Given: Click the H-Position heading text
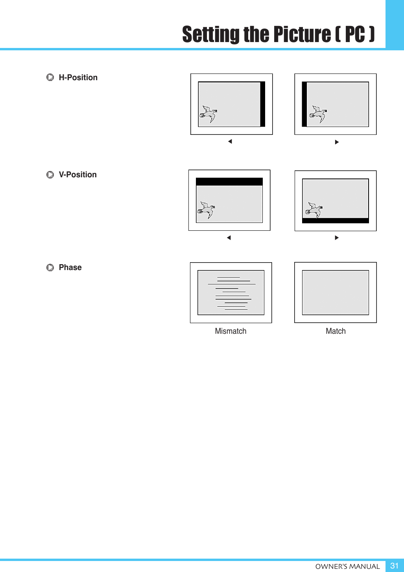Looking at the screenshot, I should [x=78, y=77].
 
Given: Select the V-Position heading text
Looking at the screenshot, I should [x=77, y=175].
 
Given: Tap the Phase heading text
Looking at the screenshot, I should [x=70, y=267].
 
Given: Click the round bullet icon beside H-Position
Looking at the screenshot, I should [x=50, y=77].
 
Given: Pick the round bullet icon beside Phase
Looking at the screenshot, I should [x=50, y=268].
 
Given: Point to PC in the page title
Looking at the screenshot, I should [x=355, y=34].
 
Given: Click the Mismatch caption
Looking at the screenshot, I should [x=231, y=331].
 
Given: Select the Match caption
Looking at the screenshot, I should [x=336, y=331].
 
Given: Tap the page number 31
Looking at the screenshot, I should [x=394, y=566].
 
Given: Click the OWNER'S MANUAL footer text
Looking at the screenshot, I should [x=347, y=566].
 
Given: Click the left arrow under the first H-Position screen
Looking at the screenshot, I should [x=230, y=142].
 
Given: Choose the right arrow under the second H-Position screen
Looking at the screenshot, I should [x=337, y=142].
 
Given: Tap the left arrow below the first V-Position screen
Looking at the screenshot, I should [x=229, y=237].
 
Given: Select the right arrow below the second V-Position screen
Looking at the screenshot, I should [x=337, y=237].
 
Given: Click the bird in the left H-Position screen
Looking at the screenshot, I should [x=208, y=114].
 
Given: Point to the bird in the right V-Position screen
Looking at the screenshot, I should [x=313, y=210].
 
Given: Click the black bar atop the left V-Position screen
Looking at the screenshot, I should [x=229, y=182].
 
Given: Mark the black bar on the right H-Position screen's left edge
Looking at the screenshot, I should [x=304, y=104].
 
